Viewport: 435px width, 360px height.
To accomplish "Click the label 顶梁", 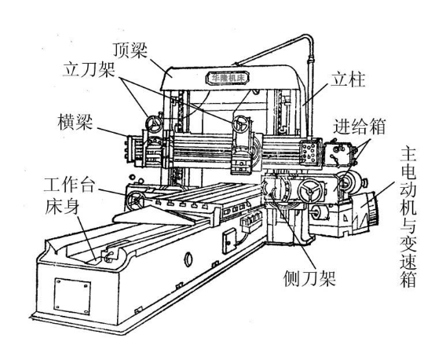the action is click(130, 50).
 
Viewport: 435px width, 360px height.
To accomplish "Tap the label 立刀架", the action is click(89, 70).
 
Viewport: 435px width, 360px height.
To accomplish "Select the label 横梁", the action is click(75, 122).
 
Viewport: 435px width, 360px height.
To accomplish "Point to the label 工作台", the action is click(69, 185).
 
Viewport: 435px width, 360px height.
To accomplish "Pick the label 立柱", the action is click(348, 80).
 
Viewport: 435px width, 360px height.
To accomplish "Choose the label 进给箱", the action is click(359, 127).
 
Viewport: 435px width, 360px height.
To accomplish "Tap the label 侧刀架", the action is click(309, 278).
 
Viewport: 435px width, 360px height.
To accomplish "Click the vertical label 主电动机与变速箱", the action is click(408, 218).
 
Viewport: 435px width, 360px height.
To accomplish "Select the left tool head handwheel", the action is click(154, 124).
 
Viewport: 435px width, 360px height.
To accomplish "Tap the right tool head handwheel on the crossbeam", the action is click(241, 124).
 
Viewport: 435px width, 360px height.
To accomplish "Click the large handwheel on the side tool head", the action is click(310, 192).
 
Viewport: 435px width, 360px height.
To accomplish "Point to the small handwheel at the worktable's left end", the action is click(136, 200).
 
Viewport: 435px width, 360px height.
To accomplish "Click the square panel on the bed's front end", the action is click(72, 296).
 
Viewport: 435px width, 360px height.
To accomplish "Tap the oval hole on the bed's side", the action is click(188, 259).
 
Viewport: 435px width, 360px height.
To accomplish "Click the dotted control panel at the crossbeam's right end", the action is click(309, 152).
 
